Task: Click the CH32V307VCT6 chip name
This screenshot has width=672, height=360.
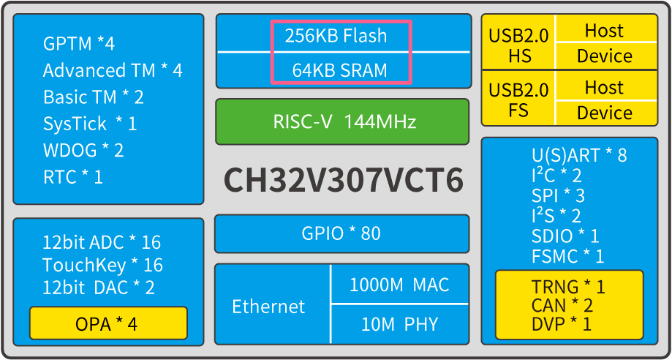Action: (343, 180)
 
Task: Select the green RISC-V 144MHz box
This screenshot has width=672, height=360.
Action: (342, 121)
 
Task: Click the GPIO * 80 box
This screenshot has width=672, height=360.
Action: (341, 233)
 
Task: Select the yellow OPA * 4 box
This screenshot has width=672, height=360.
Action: (107, 323)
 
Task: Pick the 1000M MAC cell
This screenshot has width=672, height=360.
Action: (399, 285)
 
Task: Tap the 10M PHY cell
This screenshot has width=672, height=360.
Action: (399, 324)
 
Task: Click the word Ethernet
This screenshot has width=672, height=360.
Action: (268, 306)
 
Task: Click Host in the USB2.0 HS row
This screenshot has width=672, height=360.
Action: (604, 31)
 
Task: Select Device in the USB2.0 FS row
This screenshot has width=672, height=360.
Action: (604, 113)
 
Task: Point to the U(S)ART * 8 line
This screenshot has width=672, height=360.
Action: (579, 155)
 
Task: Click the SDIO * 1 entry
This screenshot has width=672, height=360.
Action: (565, 236)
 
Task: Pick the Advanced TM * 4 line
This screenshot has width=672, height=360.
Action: (113, 70)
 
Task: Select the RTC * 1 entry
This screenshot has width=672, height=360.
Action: (73, 176)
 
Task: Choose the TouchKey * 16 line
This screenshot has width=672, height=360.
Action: (102, 265)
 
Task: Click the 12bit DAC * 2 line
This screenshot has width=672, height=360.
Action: (99, 288)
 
